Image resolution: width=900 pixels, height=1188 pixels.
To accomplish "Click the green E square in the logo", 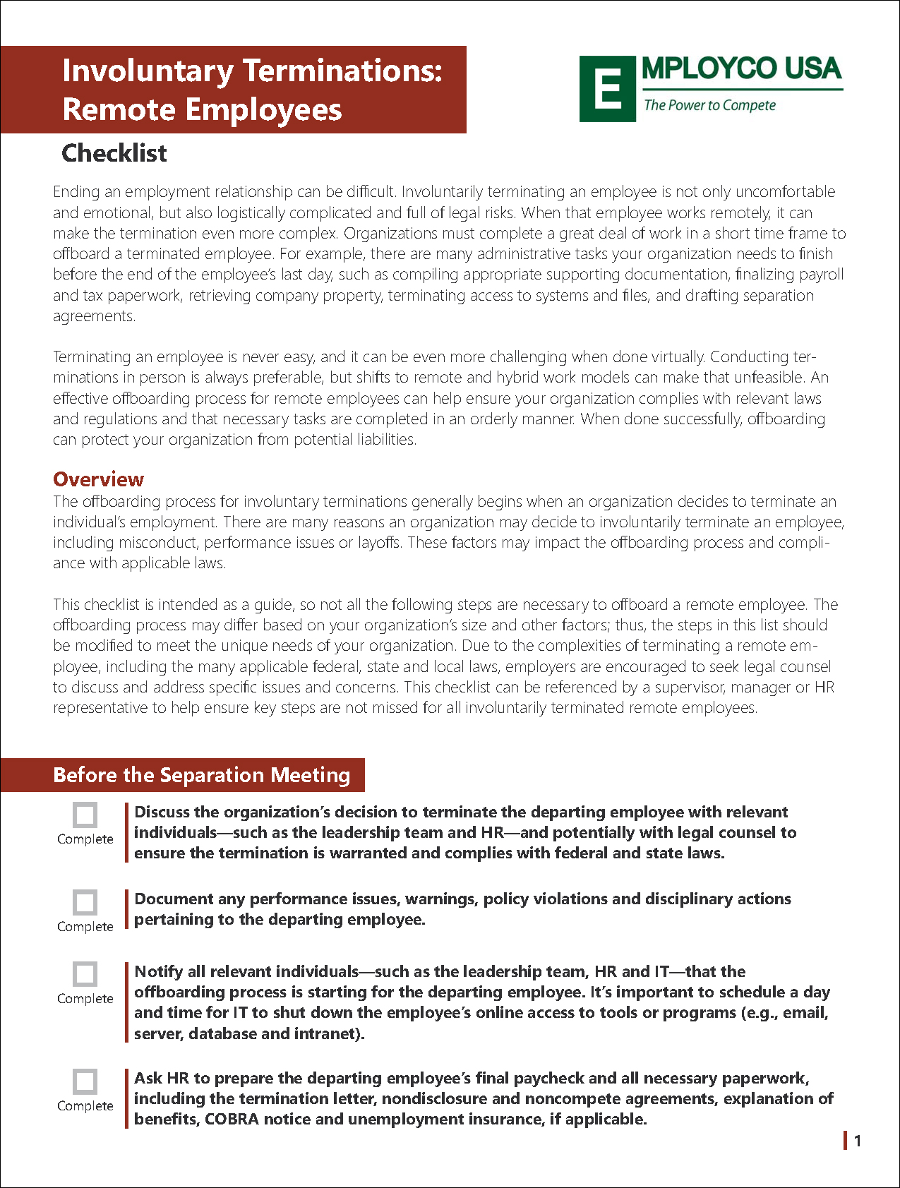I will tap(607, 90).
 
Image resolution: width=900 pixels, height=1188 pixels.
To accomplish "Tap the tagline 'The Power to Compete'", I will tap(709, 105).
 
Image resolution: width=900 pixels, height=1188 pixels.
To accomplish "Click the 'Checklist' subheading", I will tap(114, 153).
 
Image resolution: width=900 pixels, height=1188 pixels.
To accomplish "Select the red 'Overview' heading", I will tap(99, 479).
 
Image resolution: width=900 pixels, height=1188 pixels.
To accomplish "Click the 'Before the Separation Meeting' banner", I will tap(201, 775).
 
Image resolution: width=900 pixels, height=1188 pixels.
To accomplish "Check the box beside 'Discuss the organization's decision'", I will tap(85, 815).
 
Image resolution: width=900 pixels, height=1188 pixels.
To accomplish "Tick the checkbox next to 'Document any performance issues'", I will tap(85, 902).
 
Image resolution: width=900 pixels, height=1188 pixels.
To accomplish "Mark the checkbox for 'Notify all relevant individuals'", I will tap(85, 974).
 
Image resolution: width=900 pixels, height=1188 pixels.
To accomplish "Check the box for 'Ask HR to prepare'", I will tap(85, 1081).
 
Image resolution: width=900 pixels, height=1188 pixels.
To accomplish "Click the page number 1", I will tap(858, 1141).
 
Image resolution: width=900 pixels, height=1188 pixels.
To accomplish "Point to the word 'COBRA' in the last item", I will tap(232, 1120).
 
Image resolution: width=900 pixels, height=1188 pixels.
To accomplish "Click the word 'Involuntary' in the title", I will tap(148, 71).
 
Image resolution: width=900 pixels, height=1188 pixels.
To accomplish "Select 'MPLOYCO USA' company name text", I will tap(741, 69).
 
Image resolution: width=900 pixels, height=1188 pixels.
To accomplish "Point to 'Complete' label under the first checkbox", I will tap(85, 839).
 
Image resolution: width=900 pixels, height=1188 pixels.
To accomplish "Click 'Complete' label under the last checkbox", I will tap(85, 1106).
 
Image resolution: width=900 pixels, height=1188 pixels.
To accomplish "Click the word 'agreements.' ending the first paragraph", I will tap(94, 316).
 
